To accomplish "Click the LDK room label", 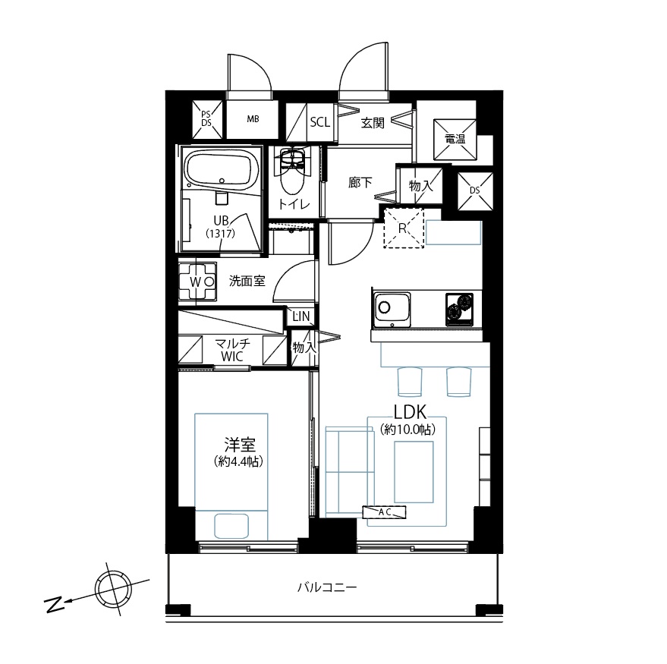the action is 411,412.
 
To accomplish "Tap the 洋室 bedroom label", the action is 240,445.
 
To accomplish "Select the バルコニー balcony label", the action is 327,588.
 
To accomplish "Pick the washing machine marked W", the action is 197,282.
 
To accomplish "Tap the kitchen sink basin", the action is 392,309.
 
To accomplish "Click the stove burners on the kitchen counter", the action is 459,310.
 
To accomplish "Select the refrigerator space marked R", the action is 403,228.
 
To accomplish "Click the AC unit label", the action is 385,512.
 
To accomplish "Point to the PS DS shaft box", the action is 206,120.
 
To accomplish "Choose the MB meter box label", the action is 253,119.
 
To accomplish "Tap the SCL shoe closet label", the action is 320,122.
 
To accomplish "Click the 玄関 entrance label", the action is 373,124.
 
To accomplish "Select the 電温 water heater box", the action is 455,139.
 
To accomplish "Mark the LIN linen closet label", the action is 301,316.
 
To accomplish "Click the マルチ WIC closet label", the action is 232,350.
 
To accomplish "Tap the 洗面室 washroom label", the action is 247,282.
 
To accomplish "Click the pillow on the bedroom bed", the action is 231,526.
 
